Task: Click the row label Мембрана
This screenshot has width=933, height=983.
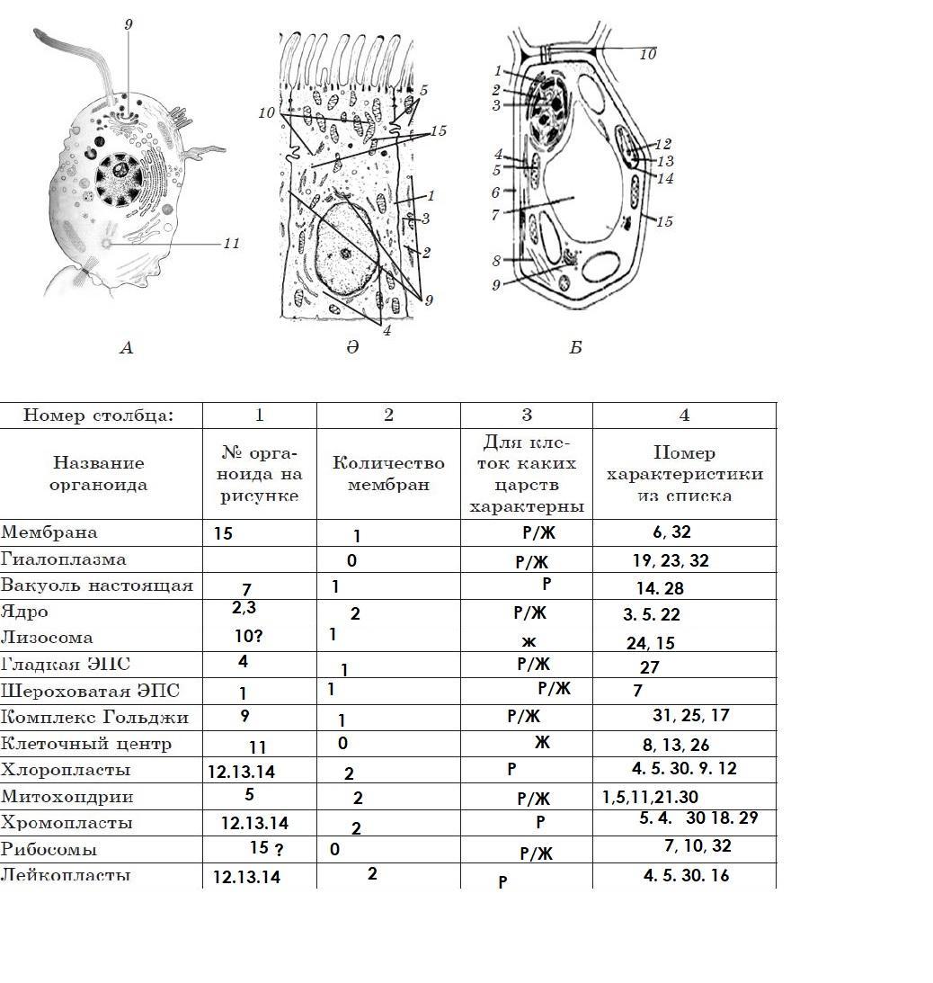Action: pos(49,532)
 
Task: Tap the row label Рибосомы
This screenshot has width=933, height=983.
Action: pos(49,850)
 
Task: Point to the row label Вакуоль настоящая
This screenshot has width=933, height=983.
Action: pos(97,585)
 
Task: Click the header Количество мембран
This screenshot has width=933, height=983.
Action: pos(388,474)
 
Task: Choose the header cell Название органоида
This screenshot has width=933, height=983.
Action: pos(100,474)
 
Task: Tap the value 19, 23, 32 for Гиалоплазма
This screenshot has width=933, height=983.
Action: pos(671,561)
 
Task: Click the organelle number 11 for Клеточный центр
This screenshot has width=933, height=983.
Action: pos(258,746)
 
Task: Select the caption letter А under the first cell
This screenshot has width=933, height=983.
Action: pos(126,347)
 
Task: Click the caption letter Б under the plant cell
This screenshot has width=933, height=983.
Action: pos(575,347)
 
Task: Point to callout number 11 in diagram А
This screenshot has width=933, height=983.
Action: pos(231,243)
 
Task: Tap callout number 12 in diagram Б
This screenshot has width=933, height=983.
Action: pos(663,144)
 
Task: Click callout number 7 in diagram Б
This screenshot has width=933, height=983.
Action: pos(495,215)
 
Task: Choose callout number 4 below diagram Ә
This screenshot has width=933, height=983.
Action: pos(387,330)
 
